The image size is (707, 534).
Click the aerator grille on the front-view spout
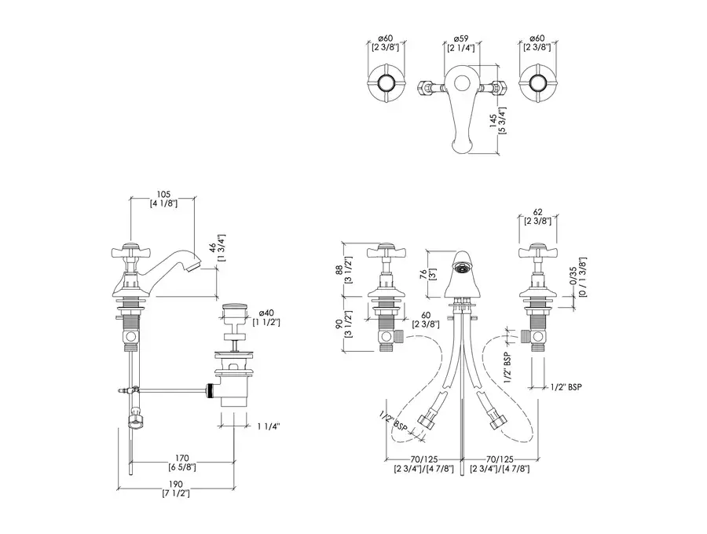[x=461, y=268]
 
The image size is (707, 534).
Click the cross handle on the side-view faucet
[x=129, y=254]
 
